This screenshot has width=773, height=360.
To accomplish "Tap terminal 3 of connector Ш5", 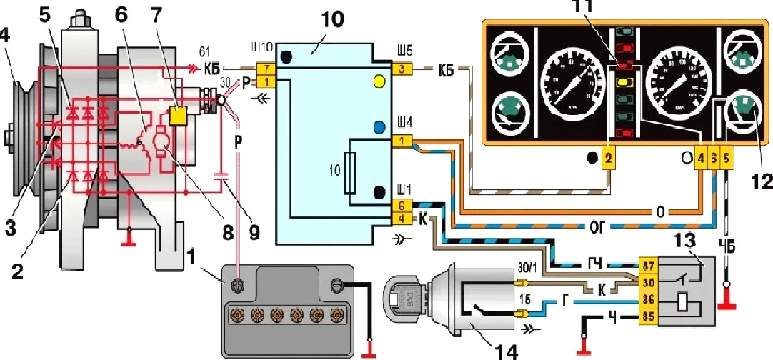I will click(402, 69).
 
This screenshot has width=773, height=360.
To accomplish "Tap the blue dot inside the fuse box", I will click(379, 128).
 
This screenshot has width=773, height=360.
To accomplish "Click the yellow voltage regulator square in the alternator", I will click(179, 113).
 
